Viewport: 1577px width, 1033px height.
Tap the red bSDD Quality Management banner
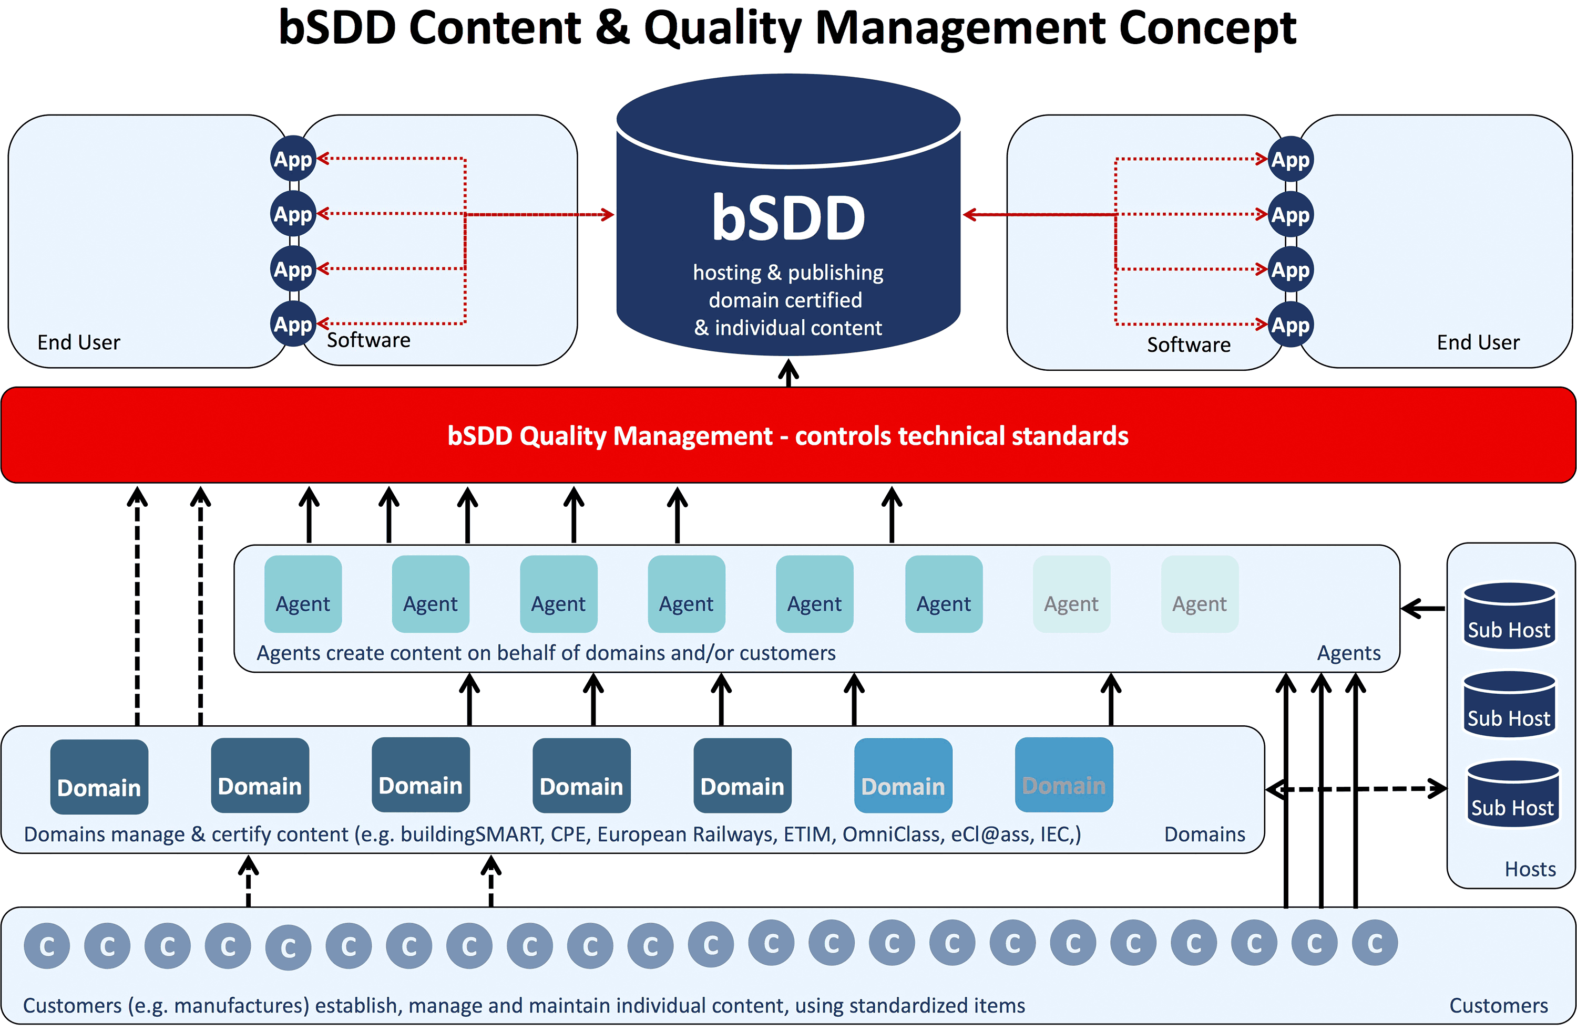(788, 435)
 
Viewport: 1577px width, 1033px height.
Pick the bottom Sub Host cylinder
(1513, 794)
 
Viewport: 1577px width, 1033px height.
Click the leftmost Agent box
(303, 594)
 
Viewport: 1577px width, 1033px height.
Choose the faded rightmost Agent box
(1200, 594)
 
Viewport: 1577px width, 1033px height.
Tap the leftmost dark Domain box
(99, 777)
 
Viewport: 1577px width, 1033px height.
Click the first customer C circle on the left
(47, 946)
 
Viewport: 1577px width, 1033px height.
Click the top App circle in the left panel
(293, 159)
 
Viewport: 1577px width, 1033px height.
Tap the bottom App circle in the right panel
(1290, 325)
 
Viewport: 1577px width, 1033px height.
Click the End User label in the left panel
(79, 342)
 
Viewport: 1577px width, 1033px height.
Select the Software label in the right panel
(1189, 345)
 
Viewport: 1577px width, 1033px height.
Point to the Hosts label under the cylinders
(1530, 869)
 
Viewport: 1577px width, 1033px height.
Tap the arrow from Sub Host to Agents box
(1424, 608)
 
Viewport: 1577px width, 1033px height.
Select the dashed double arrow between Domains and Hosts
(1356, 789)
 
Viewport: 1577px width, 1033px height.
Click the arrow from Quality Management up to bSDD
(788, 373)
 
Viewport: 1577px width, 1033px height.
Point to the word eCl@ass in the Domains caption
(989, 833)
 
